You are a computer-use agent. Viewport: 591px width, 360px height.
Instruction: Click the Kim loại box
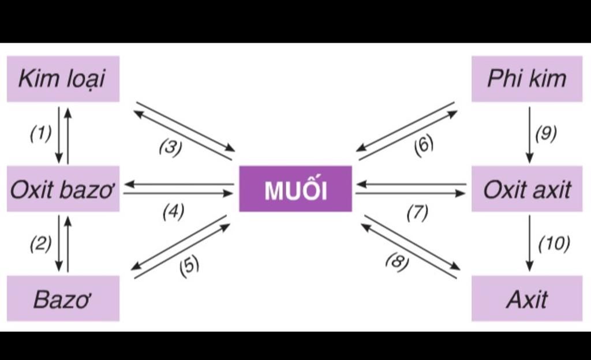pyautogui.click(x=63, y=78)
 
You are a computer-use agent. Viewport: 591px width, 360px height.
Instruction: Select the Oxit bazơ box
pyautogui.click(x=63, y=189)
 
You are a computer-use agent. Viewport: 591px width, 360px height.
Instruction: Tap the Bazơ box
pyautogui.click(x=63, y=298)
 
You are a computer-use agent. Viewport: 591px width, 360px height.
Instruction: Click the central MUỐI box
pyautogui.click(x=295, y=189)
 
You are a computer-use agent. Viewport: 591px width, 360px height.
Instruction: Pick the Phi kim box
pyautogui.click(x=526, y=78)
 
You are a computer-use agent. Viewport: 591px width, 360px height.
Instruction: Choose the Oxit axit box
pyautogui.click(x=526, y=189)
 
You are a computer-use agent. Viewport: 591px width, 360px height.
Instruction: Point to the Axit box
pyautogui.click(x=526, y=298)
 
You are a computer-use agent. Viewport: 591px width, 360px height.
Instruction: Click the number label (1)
pyautogui.click(x=40, y=133)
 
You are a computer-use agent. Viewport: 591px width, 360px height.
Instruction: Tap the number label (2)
pyautogui.click(x=40, y=243)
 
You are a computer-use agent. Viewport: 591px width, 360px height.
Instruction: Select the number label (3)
pyautogui.click(x=170, y=148)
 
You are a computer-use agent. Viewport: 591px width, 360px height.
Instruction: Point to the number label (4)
pyautogui.click(x=173, y=212)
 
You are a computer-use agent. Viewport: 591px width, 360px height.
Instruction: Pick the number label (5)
pyautogui.click(x=189, y=266)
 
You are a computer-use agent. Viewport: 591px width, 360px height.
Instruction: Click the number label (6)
pyautogui.click(x=423, y=144)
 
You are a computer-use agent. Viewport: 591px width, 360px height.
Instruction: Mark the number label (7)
pyautogui.click(x=417, y=213)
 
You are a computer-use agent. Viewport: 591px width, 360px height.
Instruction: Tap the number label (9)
pyautogui.click(x=545, y=133)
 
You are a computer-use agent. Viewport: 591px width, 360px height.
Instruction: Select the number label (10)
pyautogui.click(x=553, y=243)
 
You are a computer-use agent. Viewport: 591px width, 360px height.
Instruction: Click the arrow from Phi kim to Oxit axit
pyautogui.click(x=529, y=134)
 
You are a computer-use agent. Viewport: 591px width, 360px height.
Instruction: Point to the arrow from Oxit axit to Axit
pyautogui.click(x=529, y=243)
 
